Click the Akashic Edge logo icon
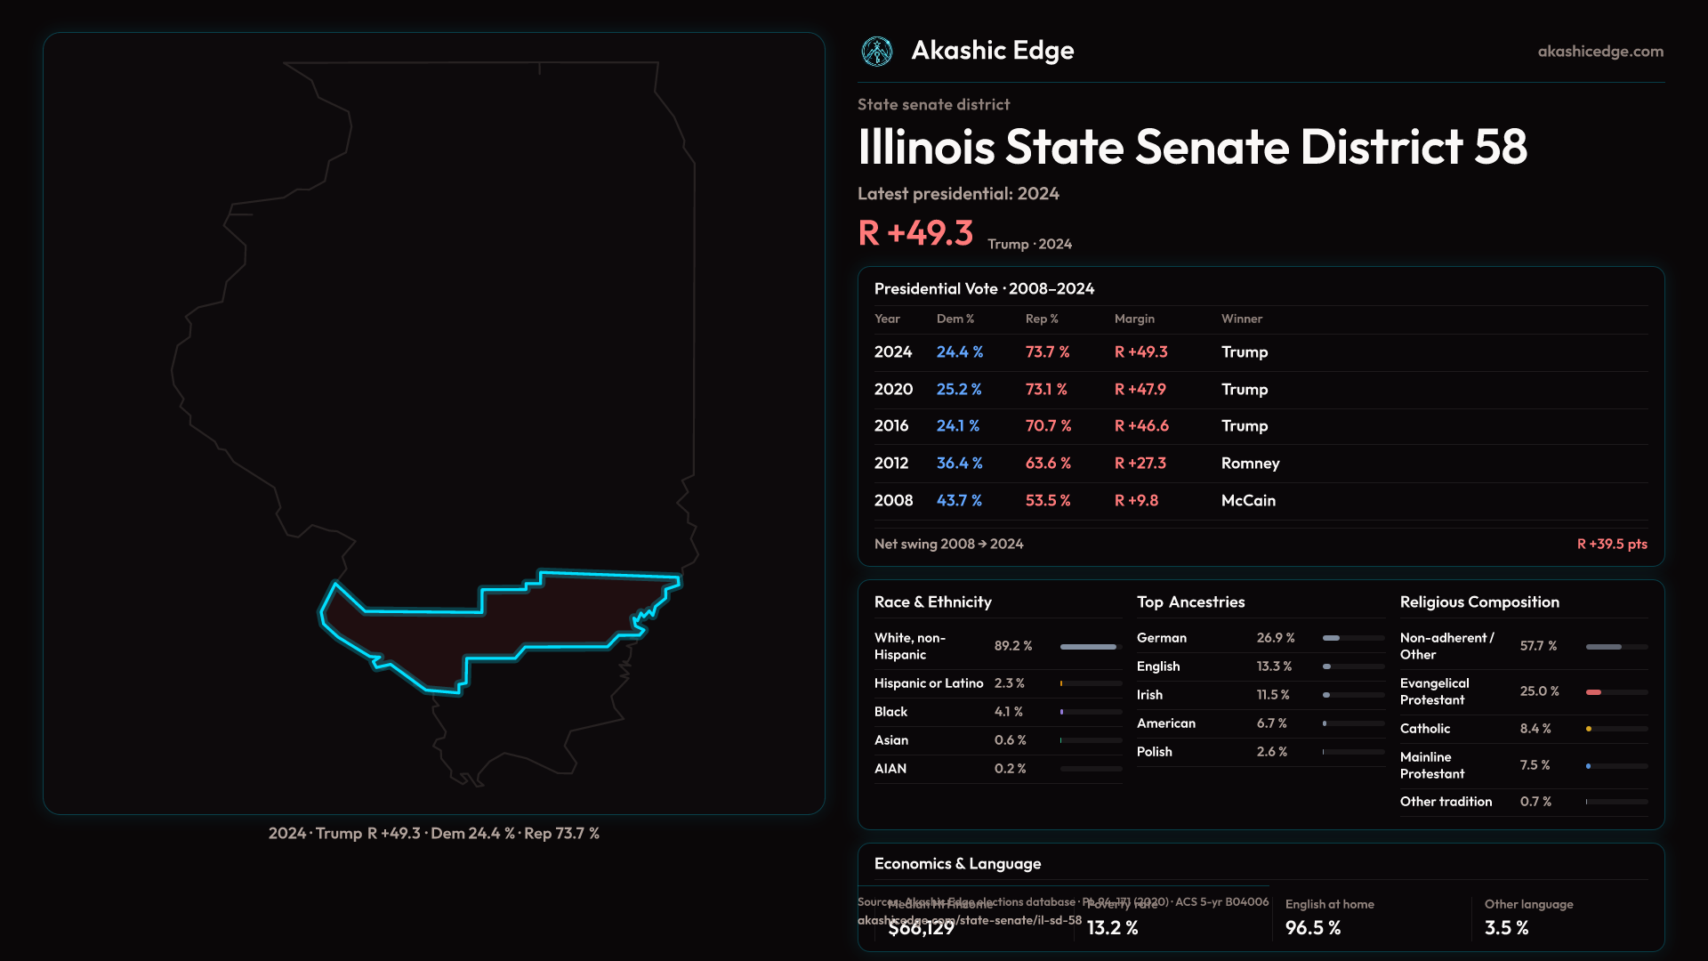click(x=877, y=52)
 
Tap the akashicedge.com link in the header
click(x=1600, y=52)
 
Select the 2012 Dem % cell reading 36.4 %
click(x=959, y=464)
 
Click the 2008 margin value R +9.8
click(x=1136, y=501)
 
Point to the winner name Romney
click(x=1250, y=464)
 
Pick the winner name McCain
click(x=1248, y=501)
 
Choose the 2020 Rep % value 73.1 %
click(x=1046, y=390)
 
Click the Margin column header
click(x=1134, y=319)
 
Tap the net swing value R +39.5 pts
click(x=1612, y=544)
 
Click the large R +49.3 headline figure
click(x=915, y=233)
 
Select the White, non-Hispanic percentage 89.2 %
click(x=1013, y=646)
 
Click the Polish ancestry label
click(x=1155, y=752)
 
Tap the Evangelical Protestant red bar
click(x=1594, y=691)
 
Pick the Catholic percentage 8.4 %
click(x=1535, y=729)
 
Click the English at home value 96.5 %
click(x=1313, y=928)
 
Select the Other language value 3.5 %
click(x=1506, y=928)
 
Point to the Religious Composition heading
click(x=1479, y=602)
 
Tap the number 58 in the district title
click(x=1501, y=148)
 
